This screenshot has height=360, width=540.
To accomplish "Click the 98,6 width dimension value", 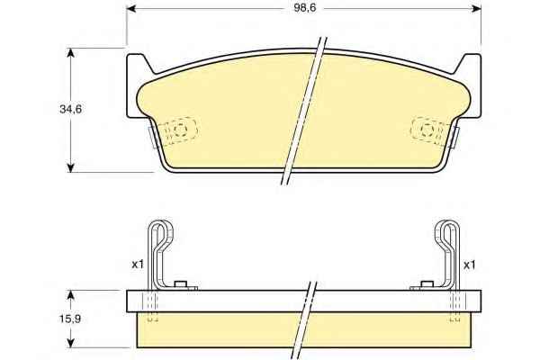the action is click(x=305, y=8).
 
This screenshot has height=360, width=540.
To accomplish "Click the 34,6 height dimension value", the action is click(x=70, y=109).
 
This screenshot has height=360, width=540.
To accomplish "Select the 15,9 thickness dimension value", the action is click(x=70, y=319).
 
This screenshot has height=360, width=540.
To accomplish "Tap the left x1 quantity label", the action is click(x=138, y=265).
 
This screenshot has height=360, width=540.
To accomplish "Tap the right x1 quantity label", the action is click(x=470, y=265).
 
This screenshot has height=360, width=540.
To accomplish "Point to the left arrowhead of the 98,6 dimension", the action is click(x=131, y=9).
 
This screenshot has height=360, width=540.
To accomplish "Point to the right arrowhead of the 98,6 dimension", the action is click(x=477, y=9).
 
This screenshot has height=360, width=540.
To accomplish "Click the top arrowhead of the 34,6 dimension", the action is click(x=70, y=53).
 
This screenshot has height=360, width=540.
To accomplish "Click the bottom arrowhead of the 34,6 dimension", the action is click(x=70, y=167).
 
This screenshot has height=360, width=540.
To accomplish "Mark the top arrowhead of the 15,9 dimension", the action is click(x=70, y=295).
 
